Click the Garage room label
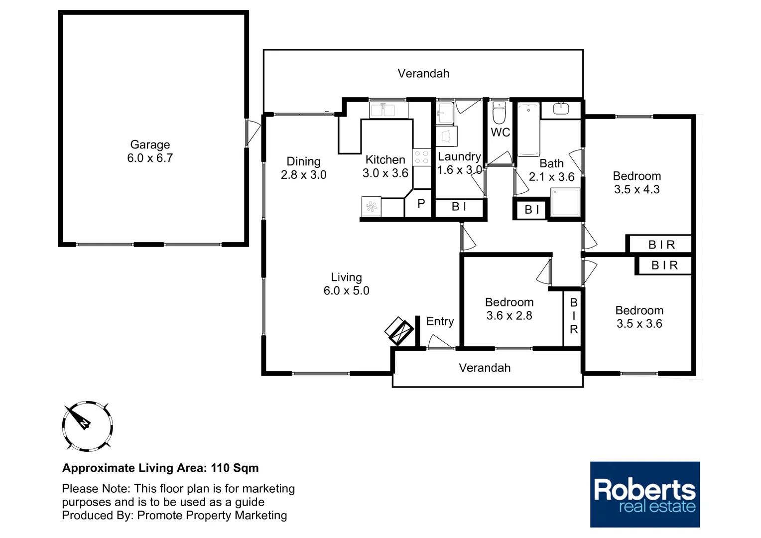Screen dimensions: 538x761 [x=150, y=145]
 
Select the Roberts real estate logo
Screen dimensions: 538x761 [x=644, y=494]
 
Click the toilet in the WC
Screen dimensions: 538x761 [x=499, y=114]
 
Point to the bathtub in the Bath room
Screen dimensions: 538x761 [x=528, y=130]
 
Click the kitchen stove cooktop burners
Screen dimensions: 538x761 [x=421, y=157]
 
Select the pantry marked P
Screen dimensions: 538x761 [x=421, y=203]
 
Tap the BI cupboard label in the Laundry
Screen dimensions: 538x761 [x=459, y=207]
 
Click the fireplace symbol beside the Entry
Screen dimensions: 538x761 [x=399, y=331]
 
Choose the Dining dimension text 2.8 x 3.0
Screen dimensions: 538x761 [x=303, y=175]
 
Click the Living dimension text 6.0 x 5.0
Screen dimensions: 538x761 [x=346, y=291]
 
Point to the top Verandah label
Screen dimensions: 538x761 [x=423, y=74]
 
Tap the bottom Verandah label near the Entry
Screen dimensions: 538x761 [x=485, y=368]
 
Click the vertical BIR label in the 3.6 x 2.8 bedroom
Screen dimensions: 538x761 [x=573, y=316]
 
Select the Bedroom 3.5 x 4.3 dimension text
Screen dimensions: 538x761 [x=636, y=190]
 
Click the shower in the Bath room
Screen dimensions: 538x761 [x=565, y=202]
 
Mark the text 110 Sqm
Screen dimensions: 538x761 [x=235, y=468]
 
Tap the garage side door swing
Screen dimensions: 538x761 [x=254, y=133]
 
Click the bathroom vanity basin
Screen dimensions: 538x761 [x=560, y=109]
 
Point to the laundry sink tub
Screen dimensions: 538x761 [x=445, y=114]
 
